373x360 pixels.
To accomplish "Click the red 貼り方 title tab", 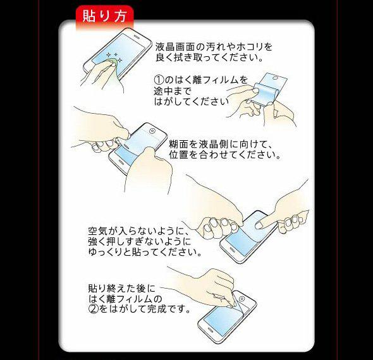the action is (x=105, y=16).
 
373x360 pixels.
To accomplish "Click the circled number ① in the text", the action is (x=159, y=80).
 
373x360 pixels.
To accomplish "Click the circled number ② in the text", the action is (x=94, y=309).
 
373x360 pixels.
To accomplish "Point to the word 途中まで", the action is (x=173, y=91).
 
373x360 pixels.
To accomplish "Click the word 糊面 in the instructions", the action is (x=179, y=144).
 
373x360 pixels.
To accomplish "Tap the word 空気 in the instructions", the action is (x=98, y=231).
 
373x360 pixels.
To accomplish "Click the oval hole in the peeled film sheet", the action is (x=276, y=78).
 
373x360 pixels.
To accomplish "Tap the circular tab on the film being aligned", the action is (x=152, y=131).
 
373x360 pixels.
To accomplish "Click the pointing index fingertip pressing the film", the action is (x=259, y=225).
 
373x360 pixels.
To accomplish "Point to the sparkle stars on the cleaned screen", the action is (x=114, y=57).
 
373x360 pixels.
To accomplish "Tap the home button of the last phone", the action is (x=211, y=330).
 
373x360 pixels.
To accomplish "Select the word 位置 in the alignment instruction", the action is (x=179, y=155).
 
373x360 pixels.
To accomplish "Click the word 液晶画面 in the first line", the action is (x=176, y=47).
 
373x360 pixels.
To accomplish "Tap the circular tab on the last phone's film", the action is (x=242, y=299).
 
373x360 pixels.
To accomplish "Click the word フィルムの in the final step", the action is (x=140, y=299).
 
